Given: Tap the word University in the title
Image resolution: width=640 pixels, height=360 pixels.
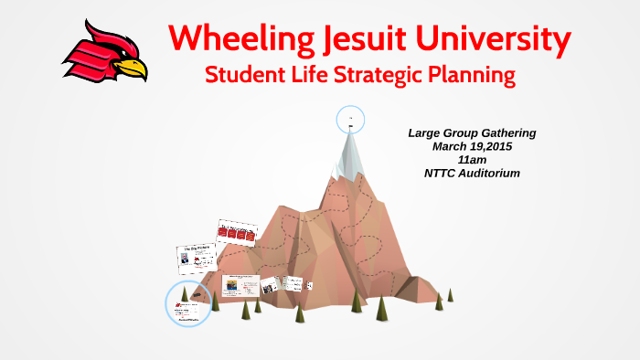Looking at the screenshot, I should coord(497,38).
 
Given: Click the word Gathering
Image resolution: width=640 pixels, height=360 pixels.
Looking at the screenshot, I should coord(504,133).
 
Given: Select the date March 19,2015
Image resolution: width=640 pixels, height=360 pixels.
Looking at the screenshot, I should coord(472,146).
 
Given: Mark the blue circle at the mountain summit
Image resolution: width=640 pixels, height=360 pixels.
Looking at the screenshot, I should coord(350,119).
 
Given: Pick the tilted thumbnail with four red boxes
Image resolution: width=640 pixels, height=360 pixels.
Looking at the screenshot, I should coord(237,235).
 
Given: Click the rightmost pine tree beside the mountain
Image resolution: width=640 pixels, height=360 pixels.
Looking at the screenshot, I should coord(450,294).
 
